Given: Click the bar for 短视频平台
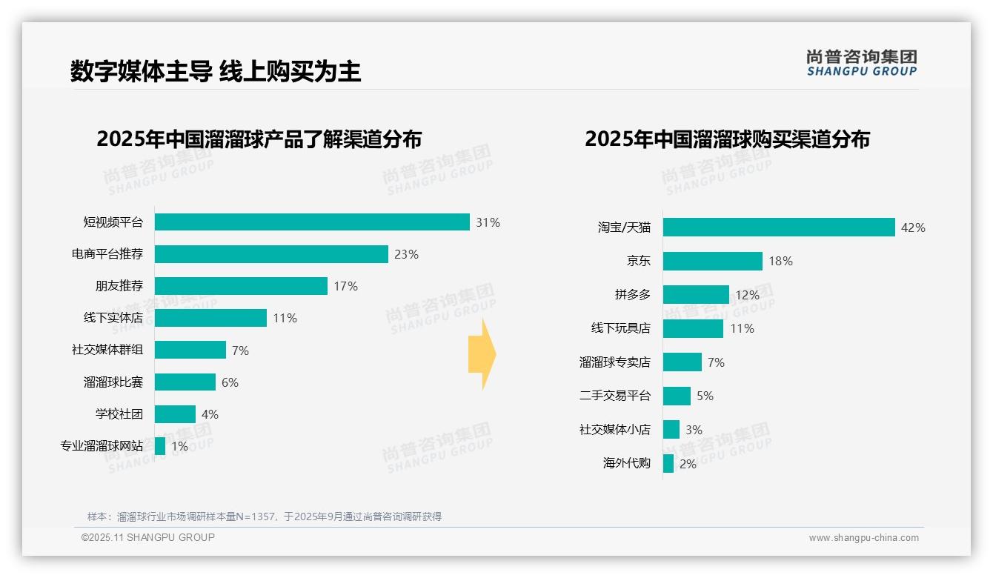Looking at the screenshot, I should coord(312,222).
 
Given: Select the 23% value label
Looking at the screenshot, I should coord(406,254).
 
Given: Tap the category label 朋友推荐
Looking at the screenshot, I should coord(119,286).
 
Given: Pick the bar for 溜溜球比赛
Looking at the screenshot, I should coord(185,382).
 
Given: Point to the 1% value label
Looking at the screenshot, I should coord(179,446).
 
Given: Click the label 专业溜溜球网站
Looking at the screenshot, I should coord(102,446).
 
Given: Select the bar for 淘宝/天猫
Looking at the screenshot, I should coord(779,227).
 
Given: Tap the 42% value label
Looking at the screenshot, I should coord(913,227).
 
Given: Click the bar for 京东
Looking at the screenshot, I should coord(712,261).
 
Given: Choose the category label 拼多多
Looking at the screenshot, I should coord(632,295).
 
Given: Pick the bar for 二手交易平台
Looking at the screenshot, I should coord(677,396).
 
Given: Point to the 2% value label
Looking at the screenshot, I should coord(688,464).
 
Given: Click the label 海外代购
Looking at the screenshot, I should coord(626,464).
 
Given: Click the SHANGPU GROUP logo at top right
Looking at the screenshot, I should coord(861,63).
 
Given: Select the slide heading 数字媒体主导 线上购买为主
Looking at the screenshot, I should coord(216,71).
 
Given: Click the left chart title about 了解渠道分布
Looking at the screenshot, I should coord(259,139).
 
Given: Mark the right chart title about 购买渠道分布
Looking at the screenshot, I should coord(727,139).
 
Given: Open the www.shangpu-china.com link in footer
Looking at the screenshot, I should coord(863,538).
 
